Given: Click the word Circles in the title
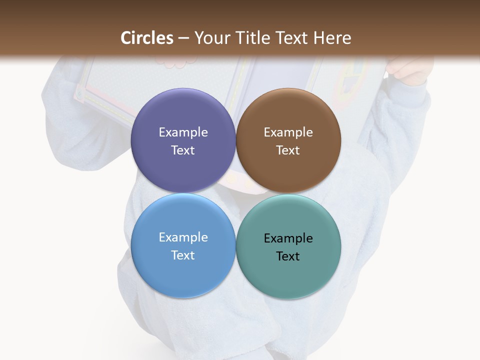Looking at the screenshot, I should tap(147, 38).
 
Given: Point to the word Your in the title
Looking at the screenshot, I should tap(210, 38).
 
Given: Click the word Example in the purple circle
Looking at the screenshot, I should tap(183, 132).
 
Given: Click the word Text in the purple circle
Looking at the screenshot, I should tap(183, 150).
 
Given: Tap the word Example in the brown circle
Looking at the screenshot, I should tap(288, 132).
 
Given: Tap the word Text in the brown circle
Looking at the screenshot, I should tap(288, 150).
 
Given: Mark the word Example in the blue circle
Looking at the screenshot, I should tap(183, 237).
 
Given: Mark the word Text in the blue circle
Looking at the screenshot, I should tap(183, 255).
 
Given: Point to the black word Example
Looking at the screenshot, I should tap(288, 238).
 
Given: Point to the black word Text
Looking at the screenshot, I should tap(288, 256).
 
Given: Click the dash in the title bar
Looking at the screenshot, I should tap(183, 38).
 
